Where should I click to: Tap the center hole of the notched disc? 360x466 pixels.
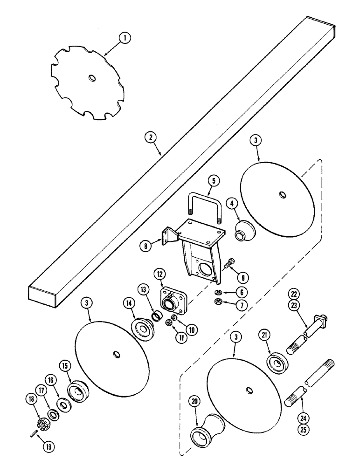coord(91,78)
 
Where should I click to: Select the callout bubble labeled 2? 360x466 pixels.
coord(150,138)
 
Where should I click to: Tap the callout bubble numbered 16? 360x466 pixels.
coord(50,381)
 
